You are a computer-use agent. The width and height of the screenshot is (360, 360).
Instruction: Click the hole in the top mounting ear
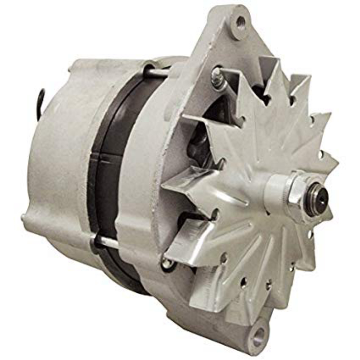pyautogui.click(x=241, y=20)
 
